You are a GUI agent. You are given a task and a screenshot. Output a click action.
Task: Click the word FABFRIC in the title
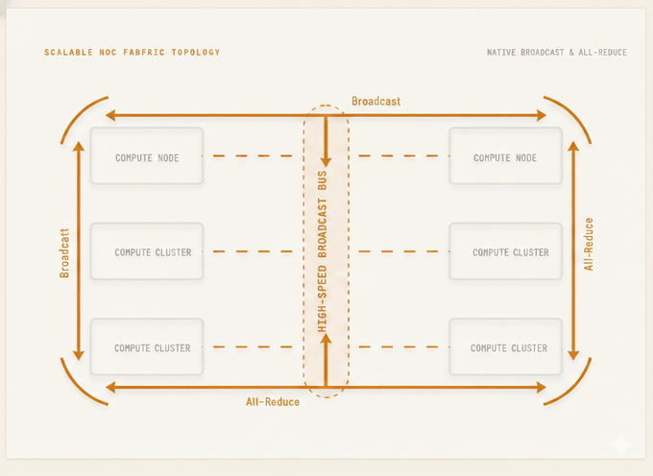click(x=137, y=52)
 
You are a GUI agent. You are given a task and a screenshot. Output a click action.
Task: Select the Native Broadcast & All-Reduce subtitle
click(x=556, y=52)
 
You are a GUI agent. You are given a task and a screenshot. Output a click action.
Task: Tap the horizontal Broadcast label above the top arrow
click(x=375, y=101)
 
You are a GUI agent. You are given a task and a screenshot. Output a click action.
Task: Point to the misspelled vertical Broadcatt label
click(x=65, y=252)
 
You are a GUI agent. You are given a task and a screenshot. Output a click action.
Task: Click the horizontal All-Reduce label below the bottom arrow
click(x=273, y=401)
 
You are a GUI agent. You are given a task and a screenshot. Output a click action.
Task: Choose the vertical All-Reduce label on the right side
click(x=589, y=244)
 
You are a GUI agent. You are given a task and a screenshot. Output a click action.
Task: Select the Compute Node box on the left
click(x=147, y=156)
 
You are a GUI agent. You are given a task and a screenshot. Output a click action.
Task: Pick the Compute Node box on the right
click(x=505, y=156)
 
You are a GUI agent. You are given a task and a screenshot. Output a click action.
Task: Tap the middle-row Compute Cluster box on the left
click(x=147, y=251)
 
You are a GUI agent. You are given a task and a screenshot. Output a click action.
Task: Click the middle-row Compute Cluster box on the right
click(x=505, y=251)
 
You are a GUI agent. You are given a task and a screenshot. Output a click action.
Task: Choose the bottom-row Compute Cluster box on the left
click(x=147, y=346)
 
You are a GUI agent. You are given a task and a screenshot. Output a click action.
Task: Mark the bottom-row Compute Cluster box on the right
click(x=505, y=346)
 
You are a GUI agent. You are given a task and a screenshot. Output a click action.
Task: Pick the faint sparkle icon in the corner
click(x=621, y=443)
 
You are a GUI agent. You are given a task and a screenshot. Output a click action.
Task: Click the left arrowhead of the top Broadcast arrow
click(x=111, y=115)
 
